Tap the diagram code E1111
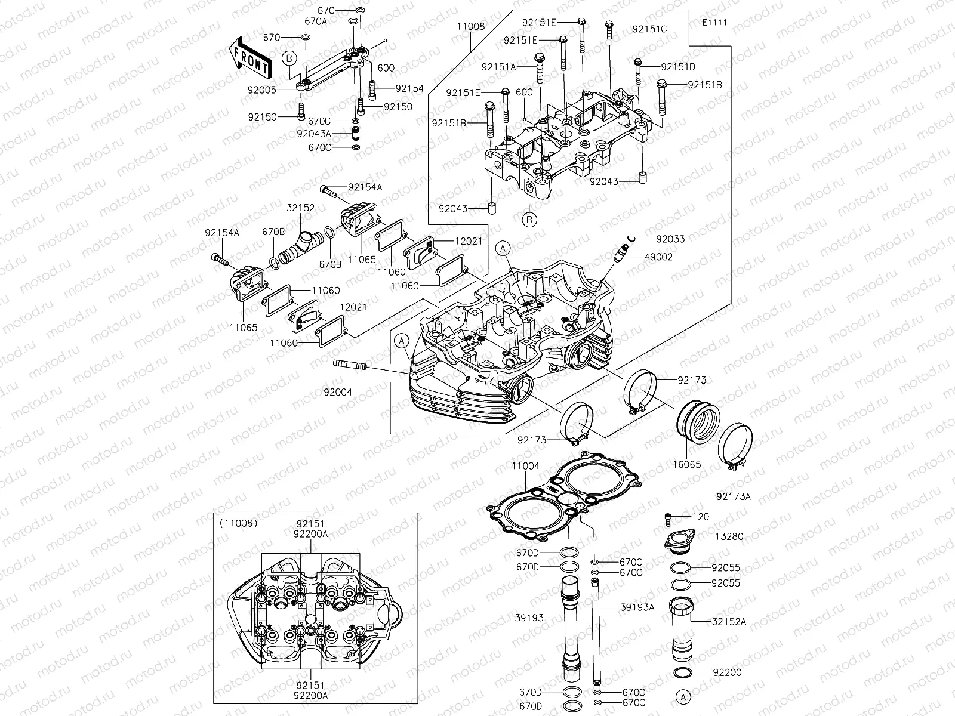click(715, 23)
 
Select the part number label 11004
click(525, 465)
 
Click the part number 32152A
click(729, 621)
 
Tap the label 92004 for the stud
click(338, 392)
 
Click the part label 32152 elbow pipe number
click(300, 208)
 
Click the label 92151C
click(649, 29)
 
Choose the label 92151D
click(678, 67)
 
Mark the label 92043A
click(314, 134)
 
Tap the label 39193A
click(637, 607)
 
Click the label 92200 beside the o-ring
click(726, 672)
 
